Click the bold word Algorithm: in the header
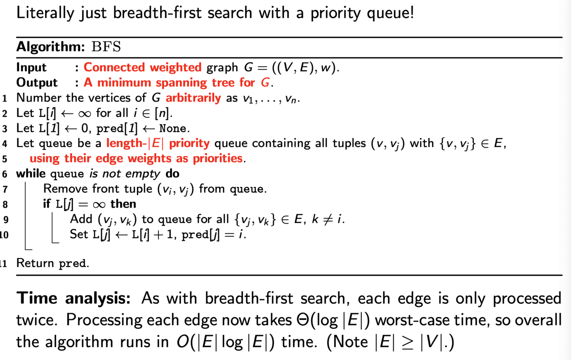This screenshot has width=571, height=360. coord(51,47)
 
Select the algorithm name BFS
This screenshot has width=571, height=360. coord(106,47)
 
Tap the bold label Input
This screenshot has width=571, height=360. coord(31,68)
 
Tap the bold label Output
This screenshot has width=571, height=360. coord(37,82)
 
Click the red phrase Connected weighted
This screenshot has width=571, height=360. coord(143,68)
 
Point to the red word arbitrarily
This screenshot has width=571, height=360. coord(193,98)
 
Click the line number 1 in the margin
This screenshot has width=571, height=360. coord(5,98)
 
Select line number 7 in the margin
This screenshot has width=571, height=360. coord(5,189)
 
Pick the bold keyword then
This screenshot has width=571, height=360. coord(123,204)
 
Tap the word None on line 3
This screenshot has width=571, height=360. coord(173,128)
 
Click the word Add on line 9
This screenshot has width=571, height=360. coord(81,220)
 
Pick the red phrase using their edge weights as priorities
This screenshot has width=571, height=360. coord(136,158)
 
